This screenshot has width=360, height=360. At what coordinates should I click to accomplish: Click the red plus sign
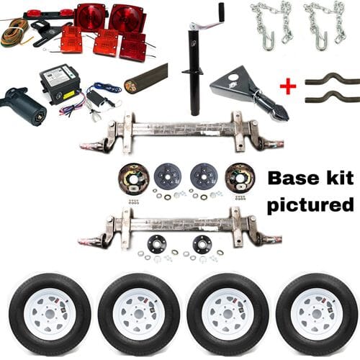coord(288,86)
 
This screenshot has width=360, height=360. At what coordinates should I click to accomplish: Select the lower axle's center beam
coord(180,224)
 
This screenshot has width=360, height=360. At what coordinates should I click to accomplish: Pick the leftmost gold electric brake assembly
coord(134,176)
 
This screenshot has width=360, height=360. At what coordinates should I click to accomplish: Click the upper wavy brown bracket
coord(330,79)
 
